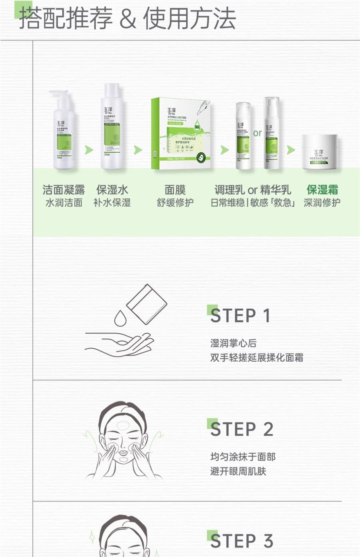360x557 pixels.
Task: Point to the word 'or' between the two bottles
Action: [257, 133]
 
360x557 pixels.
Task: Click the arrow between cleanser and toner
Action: [89, 150]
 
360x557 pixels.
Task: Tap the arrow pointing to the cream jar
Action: [291, 150]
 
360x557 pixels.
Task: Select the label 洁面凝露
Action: [64, 190]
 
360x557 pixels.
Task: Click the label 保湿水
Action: [112, 190]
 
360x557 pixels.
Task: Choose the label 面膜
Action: [175, 190]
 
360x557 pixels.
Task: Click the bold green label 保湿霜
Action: [322, 190]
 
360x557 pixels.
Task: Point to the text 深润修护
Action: [322, 203]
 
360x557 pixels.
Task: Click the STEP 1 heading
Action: [240, 316]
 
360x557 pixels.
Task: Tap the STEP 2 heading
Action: [242, 429]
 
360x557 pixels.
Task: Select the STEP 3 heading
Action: [242, 541]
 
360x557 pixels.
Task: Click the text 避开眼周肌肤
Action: [238, 471]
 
